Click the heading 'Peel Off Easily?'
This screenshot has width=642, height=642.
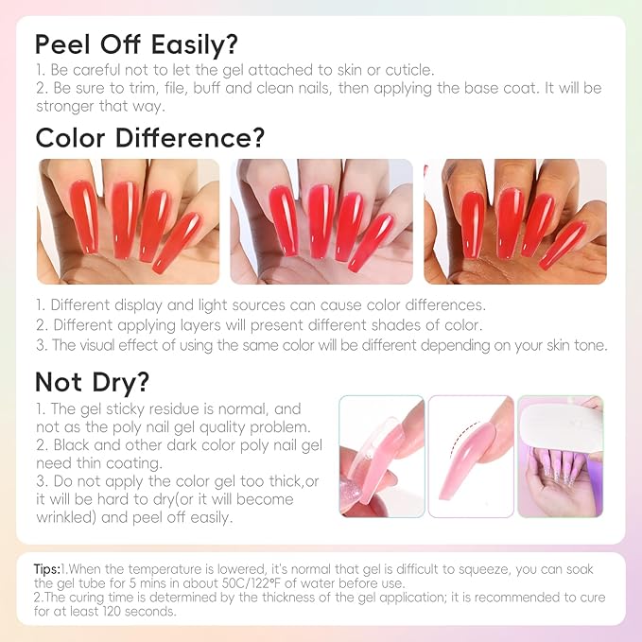click(x=136, y=44)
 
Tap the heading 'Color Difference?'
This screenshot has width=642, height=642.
click(x=149, y=137)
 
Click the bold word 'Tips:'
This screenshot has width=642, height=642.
click(x=47, y=569)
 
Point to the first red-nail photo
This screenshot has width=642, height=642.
click(x=128, y=221)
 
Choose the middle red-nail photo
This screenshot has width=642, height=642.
click(x=321, y=221)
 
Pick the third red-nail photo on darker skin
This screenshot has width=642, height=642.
click(x=514, y=221)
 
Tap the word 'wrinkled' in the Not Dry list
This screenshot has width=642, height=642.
click(x=67, y=517)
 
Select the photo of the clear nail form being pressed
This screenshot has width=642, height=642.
click(x=379, y=457)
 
